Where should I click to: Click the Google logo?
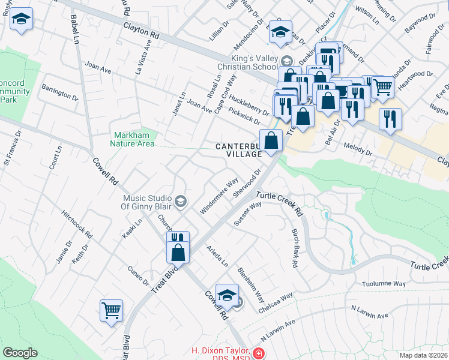point(20,353)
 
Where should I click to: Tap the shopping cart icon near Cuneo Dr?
point(111,310)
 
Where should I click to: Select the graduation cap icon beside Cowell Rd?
point(227,294)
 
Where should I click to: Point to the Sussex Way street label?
point(247,213)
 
